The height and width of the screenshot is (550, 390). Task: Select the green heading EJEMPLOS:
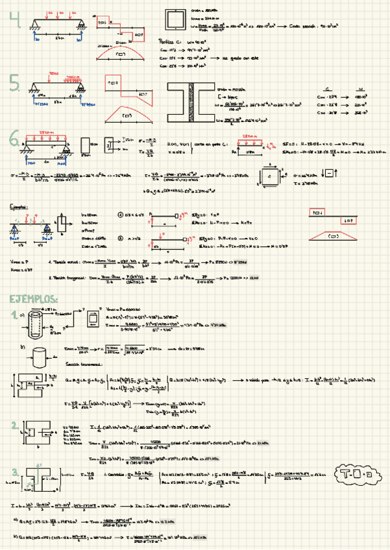tap(33, 298)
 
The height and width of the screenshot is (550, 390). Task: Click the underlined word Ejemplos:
tap(21, 207)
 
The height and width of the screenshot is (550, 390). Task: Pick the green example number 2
tap(14, 425)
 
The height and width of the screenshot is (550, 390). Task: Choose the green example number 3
tap(14, 471)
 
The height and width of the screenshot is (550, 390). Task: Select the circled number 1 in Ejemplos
tap(120, 215)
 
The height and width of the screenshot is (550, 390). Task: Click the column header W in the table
tap(359, 89)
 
